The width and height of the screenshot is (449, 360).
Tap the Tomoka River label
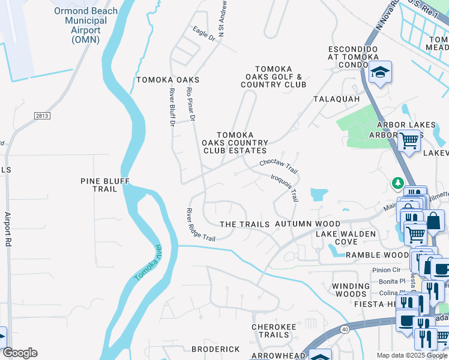148,263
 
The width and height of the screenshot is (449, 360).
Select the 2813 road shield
42,115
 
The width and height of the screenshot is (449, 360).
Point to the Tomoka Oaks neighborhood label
167,80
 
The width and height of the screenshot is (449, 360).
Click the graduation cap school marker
379,73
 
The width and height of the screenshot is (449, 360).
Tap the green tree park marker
397,182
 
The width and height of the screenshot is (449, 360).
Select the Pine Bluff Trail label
104,184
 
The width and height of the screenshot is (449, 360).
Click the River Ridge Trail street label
200,225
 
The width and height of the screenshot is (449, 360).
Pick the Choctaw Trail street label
279,163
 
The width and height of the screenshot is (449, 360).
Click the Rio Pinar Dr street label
191,106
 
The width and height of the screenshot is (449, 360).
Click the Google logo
20,353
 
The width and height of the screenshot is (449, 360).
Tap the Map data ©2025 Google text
411,355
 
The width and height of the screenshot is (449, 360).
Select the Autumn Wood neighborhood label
307,224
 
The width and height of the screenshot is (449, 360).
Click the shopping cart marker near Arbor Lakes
409,142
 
